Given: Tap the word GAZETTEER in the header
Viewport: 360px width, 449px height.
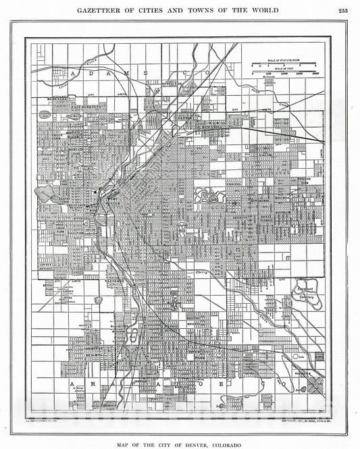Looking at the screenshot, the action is pyautogui.click(x=103, y=9).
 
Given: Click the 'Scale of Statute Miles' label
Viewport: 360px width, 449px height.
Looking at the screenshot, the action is pyautogui.click(x=278, y=61).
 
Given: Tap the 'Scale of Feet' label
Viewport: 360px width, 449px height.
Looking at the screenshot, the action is pyautogui.click(x=278, y=69).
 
